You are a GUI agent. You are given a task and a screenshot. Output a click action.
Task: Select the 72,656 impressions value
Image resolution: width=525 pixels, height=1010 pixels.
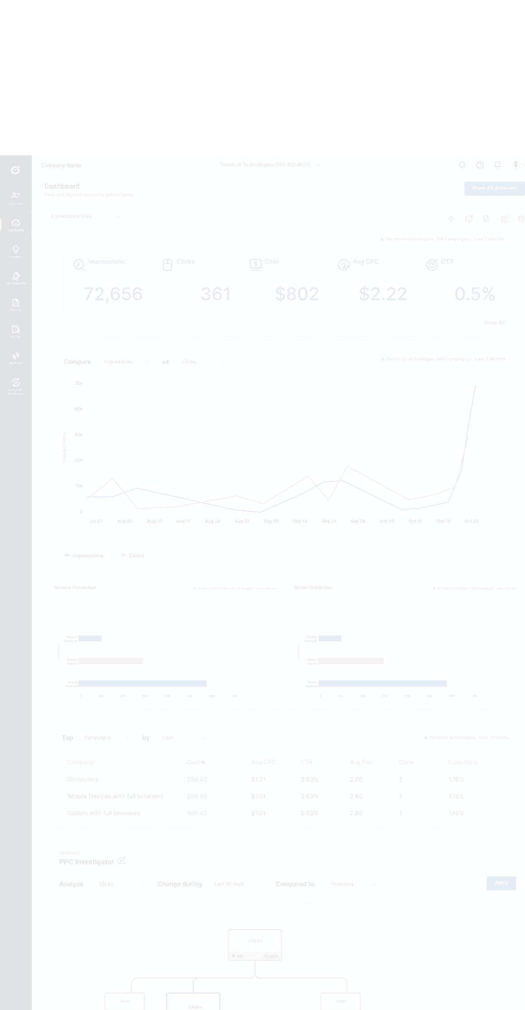113,294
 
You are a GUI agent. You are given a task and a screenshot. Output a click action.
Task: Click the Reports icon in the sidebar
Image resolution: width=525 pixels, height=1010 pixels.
16,303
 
